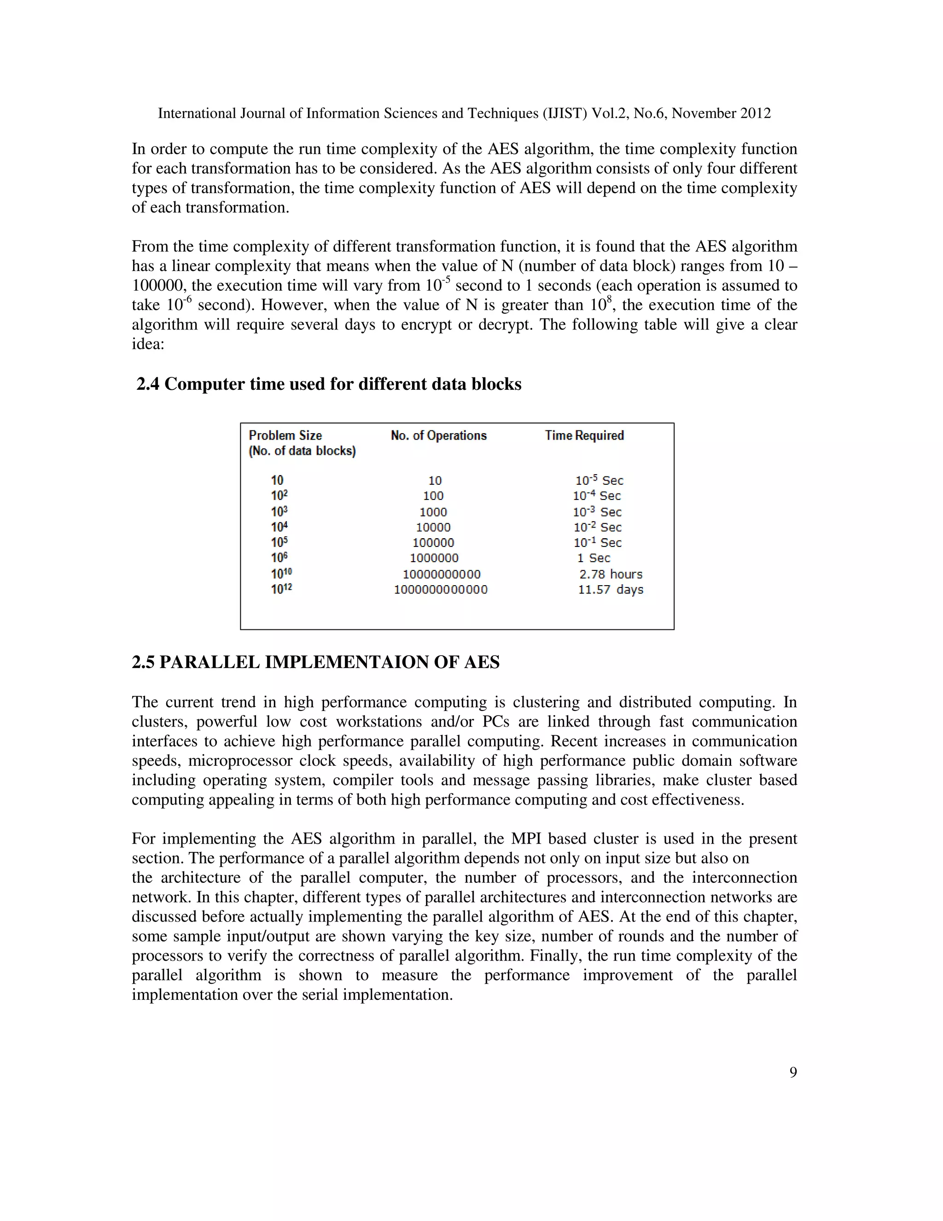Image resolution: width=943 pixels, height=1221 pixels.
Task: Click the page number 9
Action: tap(793, 1072)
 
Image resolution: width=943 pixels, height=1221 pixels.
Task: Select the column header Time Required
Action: tap(584, 435)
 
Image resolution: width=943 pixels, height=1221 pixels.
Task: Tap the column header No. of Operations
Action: tap(438, 435)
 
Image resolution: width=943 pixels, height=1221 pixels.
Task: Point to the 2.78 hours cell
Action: tap(611, 574)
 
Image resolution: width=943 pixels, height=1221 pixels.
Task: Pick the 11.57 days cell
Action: tap(611, 589)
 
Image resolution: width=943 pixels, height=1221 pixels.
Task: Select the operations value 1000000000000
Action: tap(440, 589)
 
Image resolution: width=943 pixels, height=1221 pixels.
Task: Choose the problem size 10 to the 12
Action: tap(281, 589)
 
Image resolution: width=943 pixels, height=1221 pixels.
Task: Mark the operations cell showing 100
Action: tap(433, 496)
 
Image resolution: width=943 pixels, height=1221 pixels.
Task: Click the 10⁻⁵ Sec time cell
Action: tap(599, 480)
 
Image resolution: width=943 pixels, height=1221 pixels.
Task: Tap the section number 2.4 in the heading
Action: tap(148, 384)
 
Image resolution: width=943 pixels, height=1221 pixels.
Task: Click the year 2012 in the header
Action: tap(755, 113)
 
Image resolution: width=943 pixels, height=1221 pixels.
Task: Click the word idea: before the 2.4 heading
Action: tap(148, 344)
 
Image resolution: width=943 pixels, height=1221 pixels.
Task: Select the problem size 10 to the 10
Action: tap(281, 574)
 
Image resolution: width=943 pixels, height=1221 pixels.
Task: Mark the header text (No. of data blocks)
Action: tap(302, 451)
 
